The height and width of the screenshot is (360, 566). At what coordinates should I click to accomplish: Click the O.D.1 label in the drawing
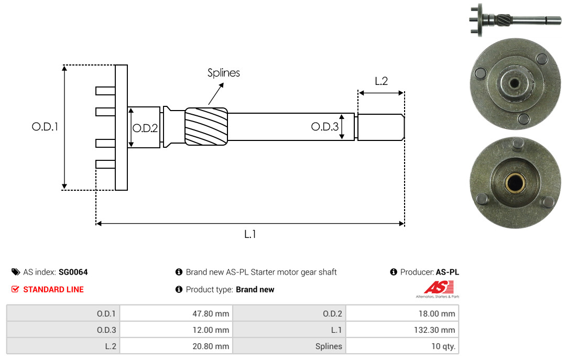click(45, 127)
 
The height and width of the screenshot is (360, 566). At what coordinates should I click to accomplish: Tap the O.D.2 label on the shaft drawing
click(145, 128)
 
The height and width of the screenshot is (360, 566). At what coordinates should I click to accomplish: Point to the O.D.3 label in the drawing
click(325, 127)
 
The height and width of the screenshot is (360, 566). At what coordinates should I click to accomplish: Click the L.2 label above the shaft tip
click(381, 81)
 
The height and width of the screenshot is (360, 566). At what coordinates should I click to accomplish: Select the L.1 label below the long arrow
click(250, 234)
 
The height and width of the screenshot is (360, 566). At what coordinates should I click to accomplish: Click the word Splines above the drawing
click(223, 73)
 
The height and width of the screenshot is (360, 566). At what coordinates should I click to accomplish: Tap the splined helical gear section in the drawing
click(206, 126)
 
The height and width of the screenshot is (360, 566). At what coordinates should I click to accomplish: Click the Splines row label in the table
click(329, 346)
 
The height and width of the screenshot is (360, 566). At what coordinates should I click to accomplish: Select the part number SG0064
click(73, 272)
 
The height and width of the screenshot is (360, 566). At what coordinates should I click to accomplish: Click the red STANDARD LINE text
click(53, 290)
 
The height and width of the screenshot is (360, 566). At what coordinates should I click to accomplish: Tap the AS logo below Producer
click(438, 289)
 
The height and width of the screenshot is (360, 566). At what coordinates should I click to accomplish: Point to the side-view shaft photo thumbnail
click(515, 19)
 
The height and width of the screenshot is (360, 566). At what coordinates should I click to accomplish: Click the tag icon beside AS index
click(16, 272)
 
